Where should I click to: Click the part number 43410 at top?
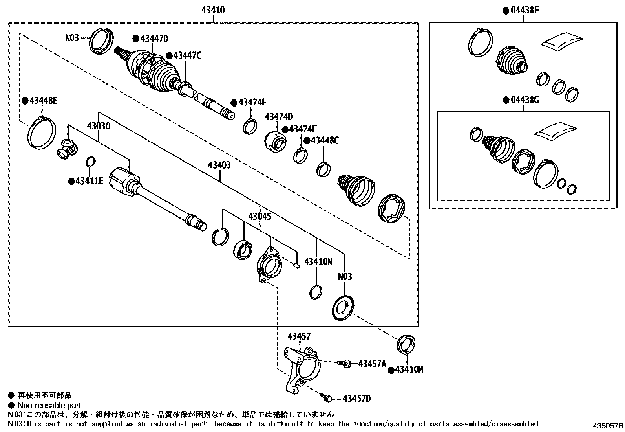click(213, 10)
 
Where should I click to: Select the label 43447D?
click(154, 39)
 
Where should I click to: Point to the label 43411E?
click(89, 181)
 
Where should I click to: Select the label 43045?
click(260, 216)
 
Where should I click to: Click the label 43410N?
click(318, 261)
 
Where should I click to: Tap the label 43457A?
click(372, 364)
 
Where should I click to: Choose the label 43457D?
click(356, 399)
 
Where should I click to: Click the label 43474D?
click(279, 117)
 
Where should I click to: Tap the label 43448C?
click(324, 140)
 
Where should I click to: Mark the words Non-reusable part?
click(49, 405)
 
